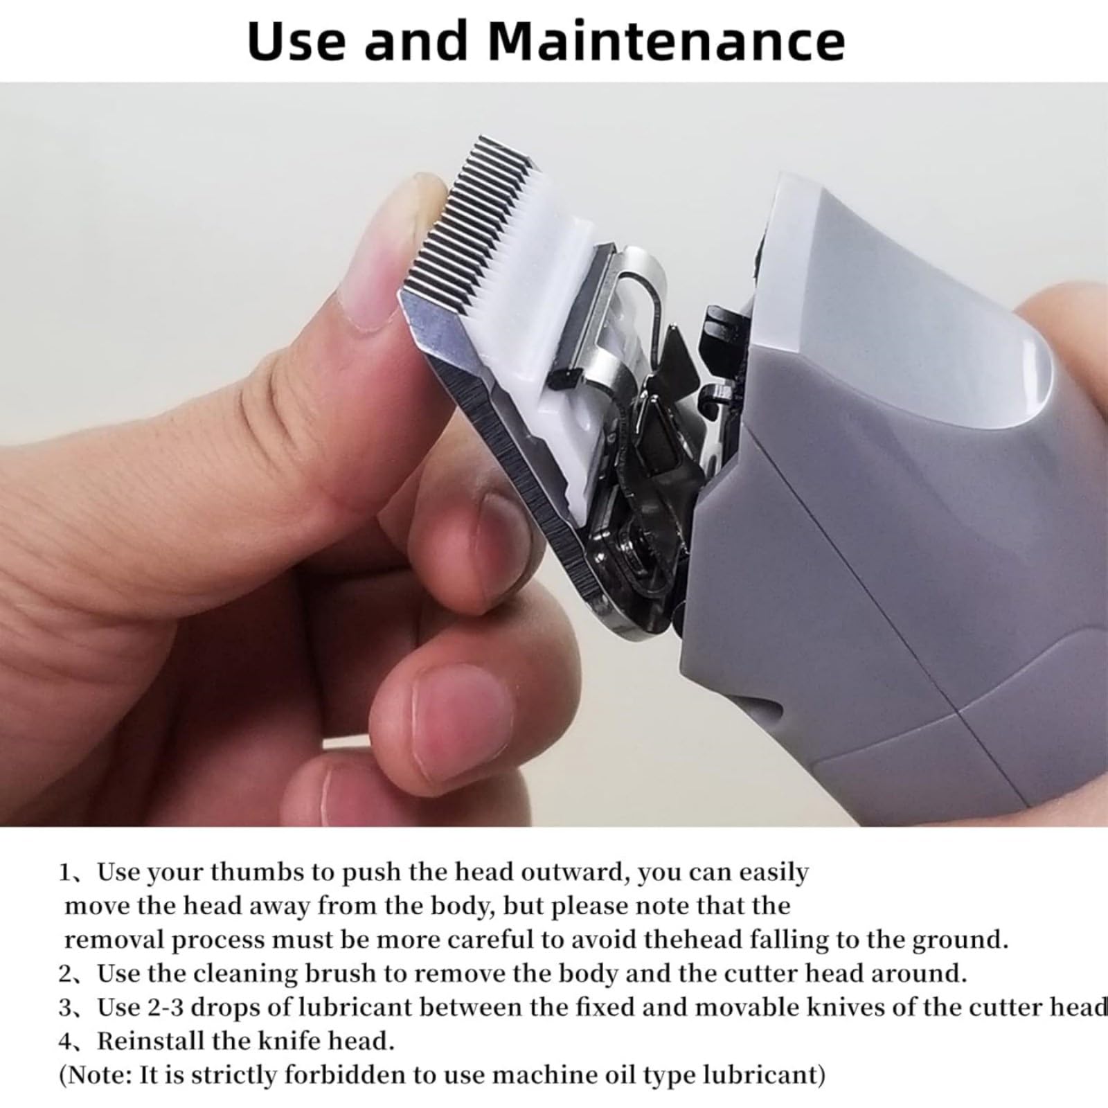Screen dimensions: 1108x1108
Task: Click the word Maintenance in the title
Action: (x=667, y=41)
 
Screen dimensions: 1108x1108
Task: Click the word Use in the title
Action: (x=297, y=41)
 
